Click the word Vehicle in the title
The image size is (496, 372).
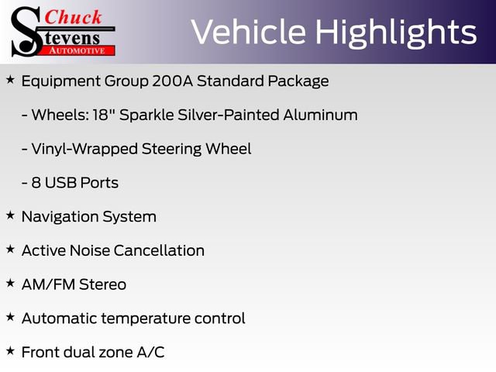coord(246,33)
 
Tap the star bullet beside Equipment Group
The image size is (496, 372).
coord(10,80)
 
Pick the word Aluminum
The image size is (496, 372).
coord(319,115)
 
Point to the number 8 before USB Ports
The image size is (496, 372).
coord(36,183)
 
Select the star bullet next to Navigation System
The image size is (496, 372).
coord(10,215)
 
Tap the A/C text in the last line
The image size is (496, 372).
coord(150,352)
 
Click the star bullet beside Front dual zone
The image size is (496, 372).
coord(10,351)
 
